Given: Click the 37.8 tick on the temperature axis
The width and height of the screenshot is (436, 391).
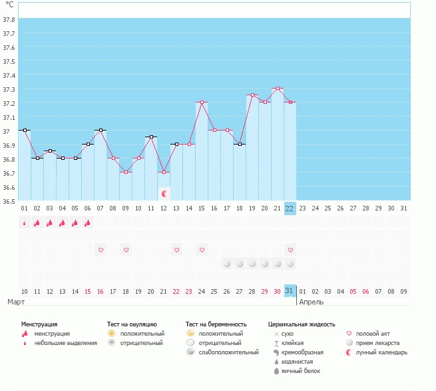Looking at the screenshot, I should click(x=9, y=19).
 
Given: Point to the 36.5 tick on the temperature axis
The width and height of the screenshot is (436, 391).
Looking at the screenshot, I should click(x=9, y=200).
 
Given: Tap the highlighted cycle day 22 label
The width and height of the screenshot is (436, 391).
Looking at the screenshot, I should click(x=290, y=208).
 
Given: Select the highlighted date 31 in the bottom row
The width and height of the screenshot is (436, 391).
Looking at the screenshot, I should click(x=290, y=291).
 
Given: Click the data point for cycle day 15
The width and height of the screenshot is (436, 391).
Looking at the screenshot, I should click(x=201, y=103).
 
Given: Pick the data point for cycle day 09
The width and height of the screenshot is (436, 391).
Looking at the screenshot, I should click(x=126, y=172).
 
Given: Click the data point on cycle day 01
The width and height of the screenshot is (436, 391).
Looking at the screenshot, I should click(x=25, y=131).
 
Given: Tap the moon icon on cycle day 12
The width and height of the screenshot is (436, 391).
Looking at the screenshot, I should click(x=164, y=193).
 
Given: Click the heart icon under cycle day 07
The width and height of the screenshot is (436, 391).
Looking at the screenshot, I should click(x=101, y=250).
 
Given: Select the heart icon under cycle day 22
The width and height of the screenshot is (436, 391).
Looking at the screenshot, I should click(x=290, y=250).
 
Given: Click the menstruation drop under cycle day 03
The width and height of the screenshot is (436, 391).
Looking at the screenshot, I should click(x=50, y=223).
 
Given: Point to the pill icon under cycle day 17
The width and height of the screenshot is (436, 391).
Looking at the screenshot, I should click(x=226, y=264).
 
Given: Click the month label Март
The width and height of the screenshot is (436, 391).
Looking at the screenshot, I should click(x=16, y=302).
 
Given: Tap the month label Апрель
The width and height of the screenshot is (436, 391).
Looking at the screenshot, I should click(x=312, y=302).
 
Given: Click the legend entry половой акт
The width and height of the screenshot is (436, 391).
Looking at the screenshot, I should click(x=374, y=333).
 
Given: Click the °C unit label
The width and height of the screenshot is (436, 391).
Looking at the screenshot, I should click(x=9, y=5).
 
